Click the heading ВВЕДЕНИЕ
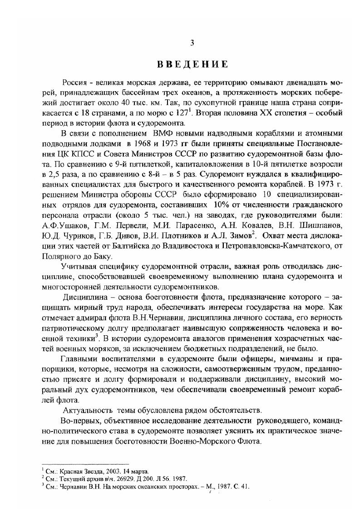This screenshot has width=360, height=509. tap(192, 64)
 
